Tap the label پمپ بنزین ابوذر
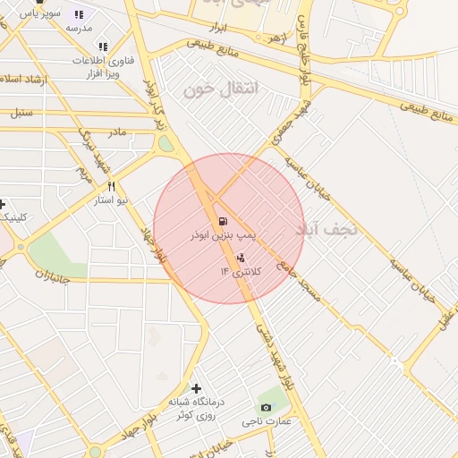(223, 234)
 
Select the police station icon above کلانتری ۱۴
(240, 258)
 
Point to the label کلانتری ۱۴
(237, 271)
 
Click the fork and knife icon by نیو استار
(112, 187)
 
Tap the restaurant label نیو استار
(114, 200)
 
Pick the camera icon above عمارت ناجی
(266, 407)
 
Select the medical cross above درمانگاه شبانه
(196, 387)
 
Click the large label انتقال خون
(220, 89)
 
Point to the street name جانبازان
(52, 276)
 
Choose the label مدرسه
(79, 28)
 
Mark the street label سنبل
(21, 113)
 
